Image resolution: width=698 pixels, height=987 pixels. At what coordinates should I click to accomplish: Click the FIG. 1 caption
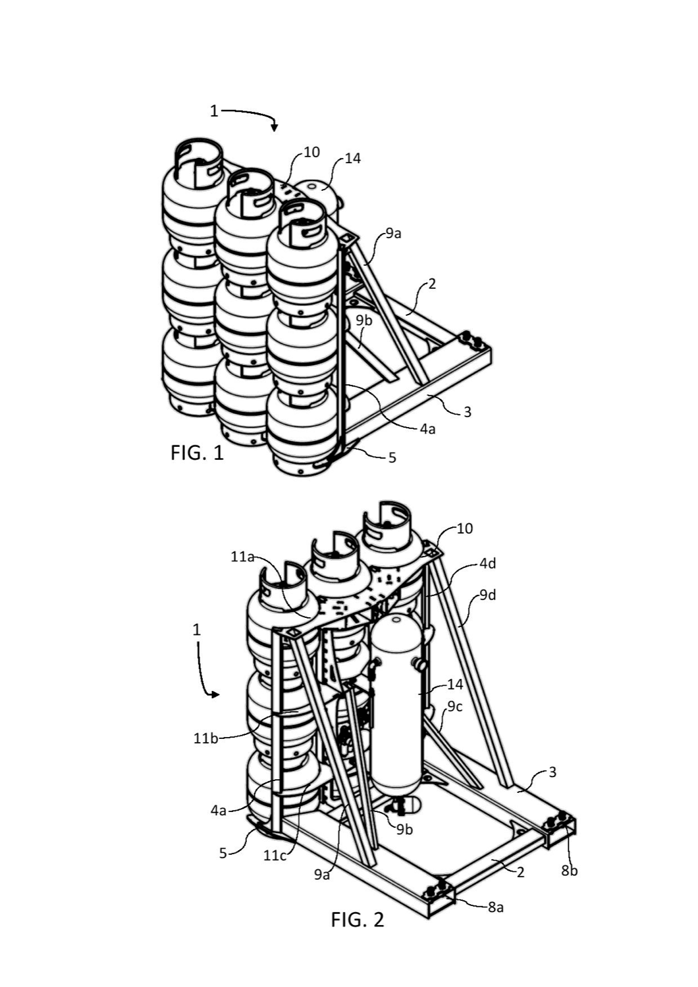click(197, 453)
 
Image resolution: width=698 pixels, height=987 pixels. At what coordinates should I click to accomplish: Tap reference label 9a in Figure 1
click(393, 234)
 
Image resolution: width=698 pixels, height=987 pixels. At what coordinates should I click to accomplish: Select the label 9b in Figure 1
click(364, 321)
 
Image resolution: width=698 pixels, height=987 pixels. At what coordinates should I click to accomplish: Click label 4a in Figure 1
click(427, 429)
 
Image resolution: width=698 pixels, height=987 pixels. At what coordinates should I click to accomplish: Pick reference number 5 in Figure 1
click(392, 458)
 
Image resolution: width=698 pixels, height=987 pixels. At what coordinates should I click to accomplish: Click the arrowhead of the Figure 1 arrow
click(275, 128)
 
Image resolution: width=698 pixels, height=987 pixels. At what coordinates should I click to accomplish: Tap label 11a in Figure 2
click(243, 557)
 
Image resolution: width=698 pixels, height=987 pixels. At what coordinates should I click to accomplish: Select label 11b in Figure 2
click(206, 738)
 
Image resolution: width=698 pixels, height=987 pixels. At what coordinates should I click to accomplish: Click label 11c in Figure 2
click(275, 855)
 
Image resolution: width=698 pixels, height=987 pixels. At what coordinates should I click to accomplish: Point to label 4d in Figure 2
click(488, 563)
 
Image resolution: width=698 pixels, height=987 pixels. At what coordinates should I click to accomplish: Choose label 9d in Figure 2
click(488, 595)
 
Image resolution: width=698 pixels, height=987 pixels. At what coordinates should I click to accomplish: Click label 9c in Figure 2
click(455, 706)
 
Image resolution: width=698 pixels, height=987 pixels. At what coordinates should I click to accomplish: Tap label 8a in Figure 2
click(495, 907)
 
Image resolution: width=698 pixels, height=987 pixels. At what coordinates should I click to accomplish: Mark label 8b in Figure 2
click(569, 871)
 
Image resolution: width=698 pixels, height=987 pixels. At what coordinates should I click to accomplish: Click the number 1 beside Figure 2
click(197, 630)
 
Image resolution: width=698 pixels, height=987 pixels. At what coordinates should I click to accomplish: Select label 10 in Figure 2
click(465, 528)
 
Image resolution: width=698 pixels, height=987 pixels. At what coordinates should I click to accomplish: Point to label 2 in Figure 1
click(432, 284)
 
